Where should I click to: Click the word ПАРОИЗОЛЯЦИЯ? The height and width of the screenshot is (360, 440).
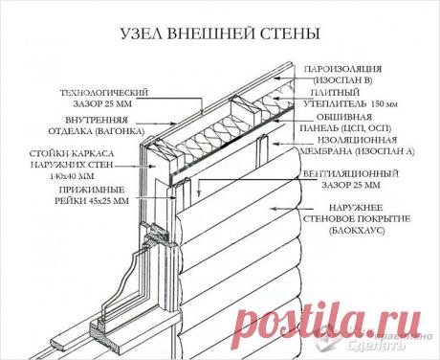(x=341, y=71)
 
